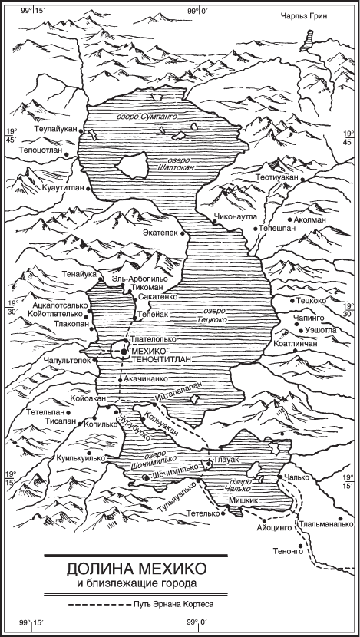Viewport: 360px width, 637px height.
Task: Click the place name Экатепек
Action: (163, 229)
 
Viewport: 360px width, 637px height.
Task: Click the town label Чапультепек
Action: (68, 358)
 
